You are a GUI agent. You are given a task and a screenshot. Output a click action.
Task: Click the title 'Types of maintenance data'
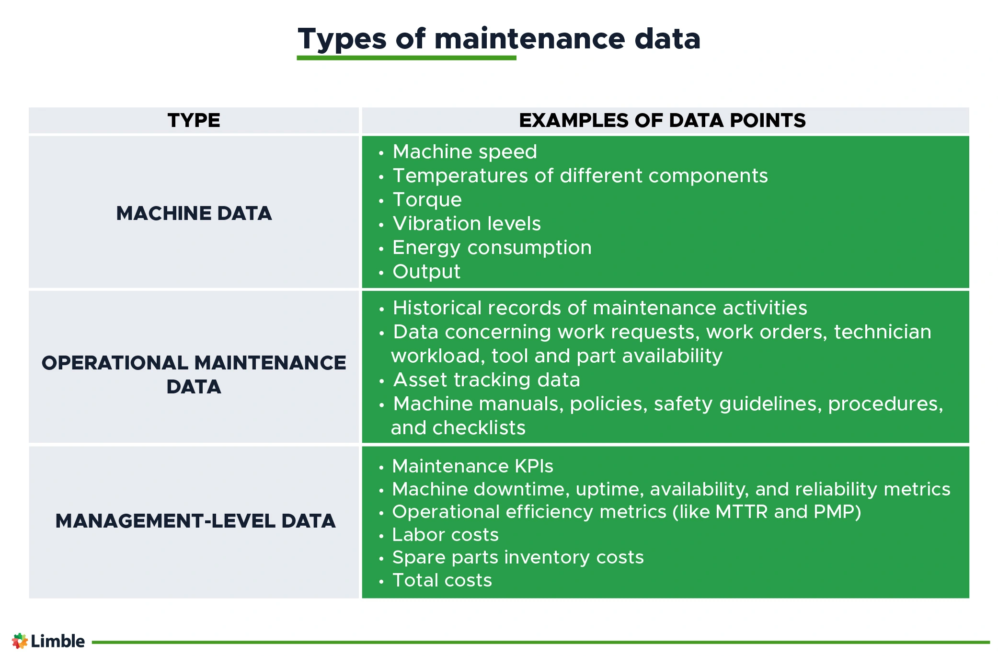(x=499, y=39)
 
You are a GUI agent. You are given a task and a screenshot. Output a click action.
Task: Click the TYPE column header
(x=194, y=120)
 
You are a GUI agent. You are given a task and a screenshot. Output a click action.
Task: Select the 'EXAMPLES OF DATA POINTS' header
(x=662, y=120)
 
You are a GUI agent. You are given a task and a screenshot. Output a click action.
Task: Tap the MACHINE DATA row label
(x=194, y=213)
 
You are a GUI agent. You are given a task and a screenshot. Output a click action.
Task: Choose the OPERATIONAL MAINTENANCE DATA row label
(x=194, y=375)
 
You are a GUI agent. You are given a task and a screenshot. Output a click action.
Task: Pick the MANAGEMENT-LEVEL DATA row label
(x=195, y=521)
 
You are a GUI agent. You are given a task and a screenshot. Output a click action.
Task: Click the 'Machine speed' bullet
(x=465, y=152)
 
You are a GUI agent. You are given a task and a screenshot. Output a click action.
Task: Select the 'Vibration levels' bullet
(x=467, y=224)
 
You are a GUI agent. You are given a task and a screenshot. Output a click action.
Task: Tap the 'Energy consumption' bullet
(x=492, y=248)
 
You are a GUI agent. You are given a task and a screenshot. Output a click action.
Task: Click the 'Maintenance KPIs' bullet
(x=472, y=466)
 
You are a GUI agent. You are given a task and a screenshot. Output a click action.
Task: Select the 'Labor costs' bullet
(x=446, y=535)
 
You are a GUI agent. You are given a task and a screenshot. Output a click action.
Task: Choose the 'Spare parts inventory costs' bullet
(x=518, y=558)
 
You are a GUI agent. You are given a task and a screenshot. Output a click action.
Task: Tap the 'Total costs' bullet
(x=442, y=580)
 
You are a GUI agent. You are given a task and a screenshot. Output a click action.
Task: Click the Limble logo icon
(x=20, y=641)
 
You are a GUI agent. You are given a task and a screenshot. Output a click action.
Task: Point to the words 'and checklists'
(x=458, y=428)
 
